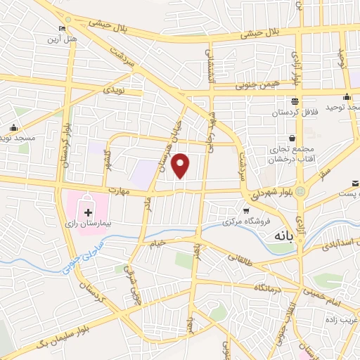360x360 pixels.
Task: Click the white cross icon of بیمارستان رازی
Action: [x=89, y=212]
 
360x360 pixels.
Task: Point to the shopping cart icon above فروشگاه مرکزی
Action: [x=245, y=210]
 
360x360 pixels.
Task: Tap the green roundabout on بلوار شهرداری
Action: [x=301, y=191]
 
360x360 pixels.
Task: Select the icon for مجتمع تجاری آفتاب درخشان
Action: [x=291, y=139]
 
